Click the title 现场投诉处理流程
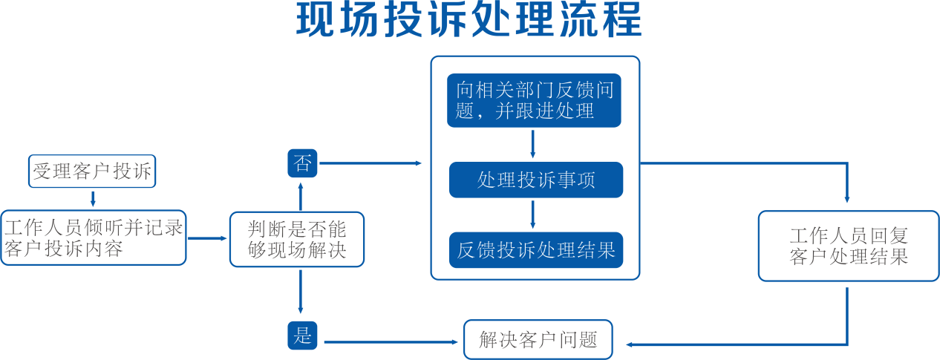469,19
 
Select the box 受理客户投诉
92,171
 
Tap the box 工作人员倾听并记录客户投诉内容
93,238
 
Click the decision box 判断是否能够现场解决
297,239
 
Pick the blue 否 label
302,163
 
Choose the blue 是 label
302,336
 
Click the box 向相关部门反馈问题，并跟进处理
534,100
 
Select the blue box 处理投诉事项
536,180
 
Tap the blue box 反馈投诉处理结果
536,250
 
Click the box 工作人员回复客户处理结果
849,246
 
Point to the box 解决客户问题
538,339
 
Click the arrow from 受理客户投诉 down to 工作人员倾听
93,199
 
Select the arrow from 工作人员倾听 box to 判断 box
207,238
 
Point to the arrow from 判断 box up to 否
301,197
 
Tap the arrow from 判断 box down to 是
301,292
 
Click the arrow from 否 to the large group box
370,163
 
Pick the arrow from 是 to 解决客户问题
391,342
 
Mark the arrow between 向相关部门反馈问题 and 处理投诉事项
533,144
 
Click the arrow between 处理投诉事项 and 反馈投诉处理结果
533,215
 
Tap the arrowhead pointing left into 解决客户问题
630,345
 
